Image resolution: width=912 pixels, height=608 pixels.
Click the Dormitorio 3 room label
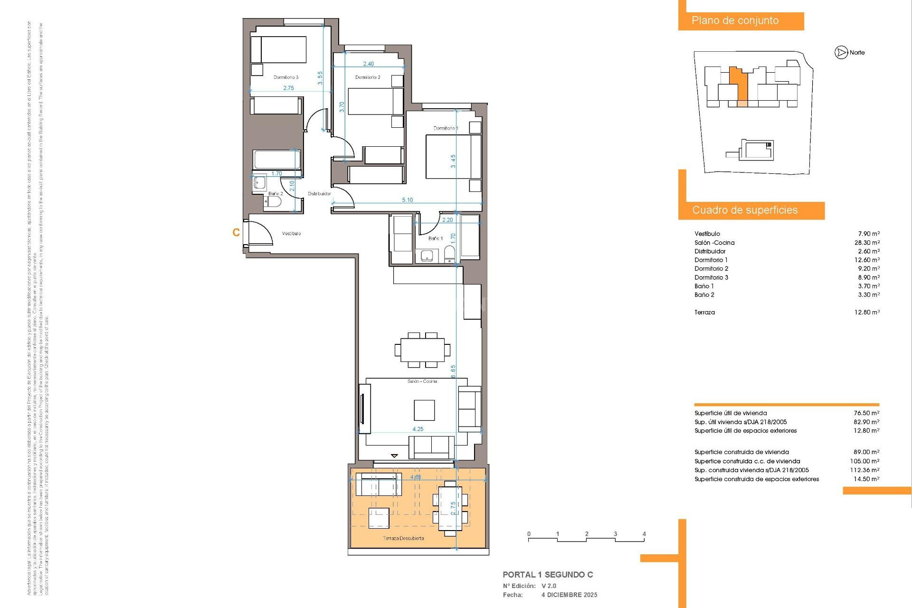pyautogui.click(x=285, y=77)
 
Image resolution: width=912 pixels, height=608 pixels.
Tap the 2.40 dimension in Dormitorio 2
pyautogui.click(x=368, y=64)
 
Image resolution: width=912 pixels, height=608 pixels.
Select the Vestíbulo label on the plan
pyautogui.click(x=291, y=233)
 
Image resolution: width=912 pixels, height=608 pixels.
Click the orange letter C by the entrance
pyautogui.click(x=236, y=232)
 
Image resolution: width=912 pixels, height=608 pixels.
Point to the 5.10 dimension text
pyautogui.click(x=407, y=200)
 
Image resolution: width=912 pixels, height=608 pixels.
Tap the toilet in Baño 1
pyautogui.click(x=449, y=256)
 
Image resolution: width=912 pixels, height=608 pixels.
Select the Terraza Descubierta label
pyautogui.click(x=403, y=538)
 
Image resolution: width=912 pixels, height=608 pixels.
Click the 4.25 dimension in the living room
pyautogui.click(x=418, y=429)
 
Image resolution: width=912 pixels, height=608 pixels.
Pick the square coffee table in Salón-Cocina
pyautogui.click(x=424, y=410)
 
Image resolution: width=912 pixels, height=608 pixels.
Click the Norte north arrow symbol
pyautogui.click(x=841, y=53)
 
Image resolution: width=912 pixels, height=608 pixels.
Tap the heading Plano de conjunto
pyautogui.click(x=735, y=21)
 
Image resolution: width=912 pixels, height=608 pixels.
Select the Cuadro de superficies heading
pyautogui.click(x=744, y=210)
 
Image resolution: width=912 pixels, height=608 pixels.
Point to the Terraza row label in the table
pyautogui.click(x=704, y=312)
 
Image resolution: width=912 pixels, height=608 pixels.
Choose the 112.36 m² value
pyautogui.click(x=865, y=470)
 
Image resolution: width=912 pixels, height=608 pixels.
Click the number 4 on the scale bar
pyautogui.click(x=644, y=534)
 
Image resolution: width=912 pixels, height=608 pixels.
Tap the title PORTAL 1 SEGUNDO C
pyautogui.click(x=548, y=575)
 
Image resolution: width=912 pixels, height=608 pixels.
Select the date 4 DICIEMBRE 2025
pyautogui.click(x=569, y=595)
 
